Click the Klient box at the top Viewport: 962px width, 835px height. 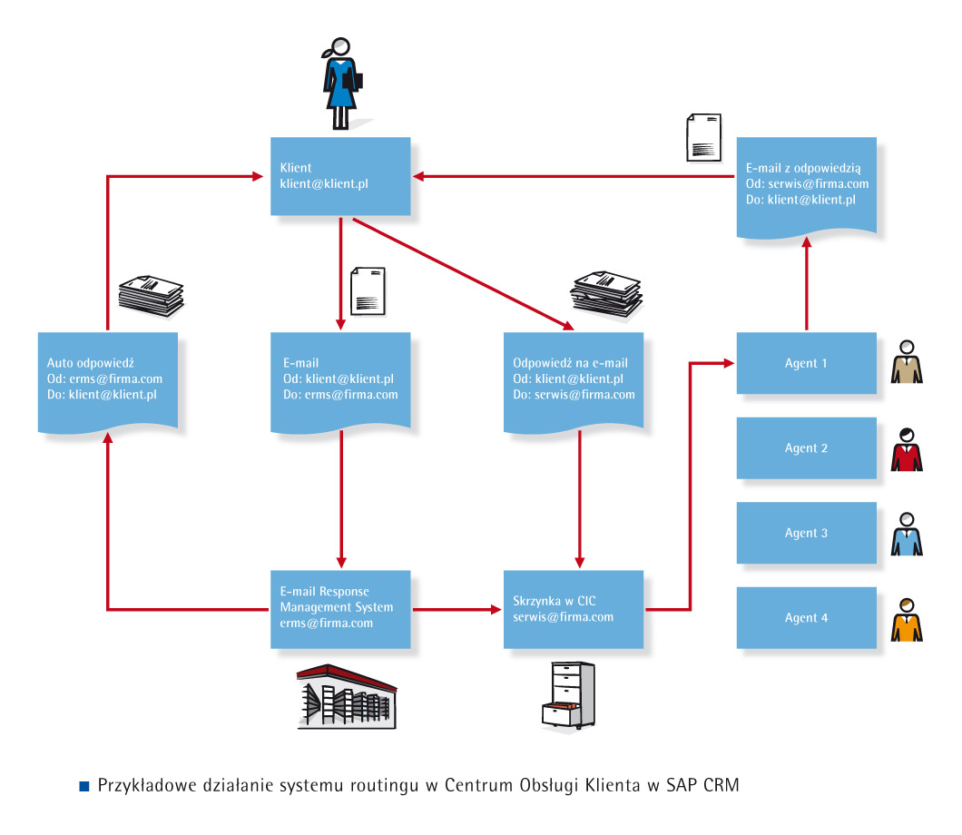[340, 176]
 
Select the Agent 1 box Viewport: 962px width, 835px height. [806, 363]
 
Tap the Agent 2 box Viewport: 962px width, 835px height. [806, 448]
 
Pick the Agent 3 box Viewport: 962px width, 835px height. [806, 533]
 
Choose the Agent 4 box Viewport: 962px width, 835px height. [806, 618]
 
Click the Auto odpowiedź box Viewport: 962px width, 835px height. [108, 380]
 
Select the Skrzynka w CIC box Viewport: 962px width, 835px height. [574, 609]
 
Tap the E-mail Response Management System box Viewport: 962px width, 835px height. [340, 609]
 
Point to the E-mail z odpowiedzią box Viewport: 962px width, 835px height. [806, 186]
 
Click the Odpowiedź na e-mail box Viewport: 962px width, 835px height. [574, 380]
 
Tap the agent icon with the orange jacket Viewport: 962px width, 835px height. [907, 620]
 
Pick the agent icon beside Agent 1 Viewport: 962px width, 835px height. [907, 363]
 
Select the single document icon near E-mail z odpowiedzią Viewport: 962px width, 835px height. [703, 137]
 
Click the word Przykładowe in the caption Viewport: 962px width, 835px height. [141, 786]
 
